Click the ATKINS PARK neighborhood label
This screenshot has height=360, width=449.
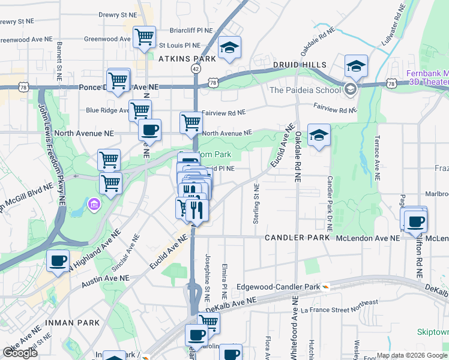point(187,59)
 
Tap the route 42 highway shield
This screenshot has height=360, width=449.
point(196,70)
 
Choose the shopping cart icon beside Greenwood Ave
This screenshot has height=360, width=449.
point(144,37)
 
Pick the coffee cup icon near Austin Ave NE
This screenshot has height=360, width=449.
point(58,261)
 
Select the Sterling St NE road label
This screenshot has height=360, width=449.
point(256,205)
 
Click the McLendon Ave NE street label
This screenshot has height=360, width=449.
point(367,238)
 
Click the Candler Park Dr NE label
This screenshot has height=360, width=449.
point(330,204)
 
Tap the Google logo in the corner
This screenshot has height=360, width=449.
point(20,353)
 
